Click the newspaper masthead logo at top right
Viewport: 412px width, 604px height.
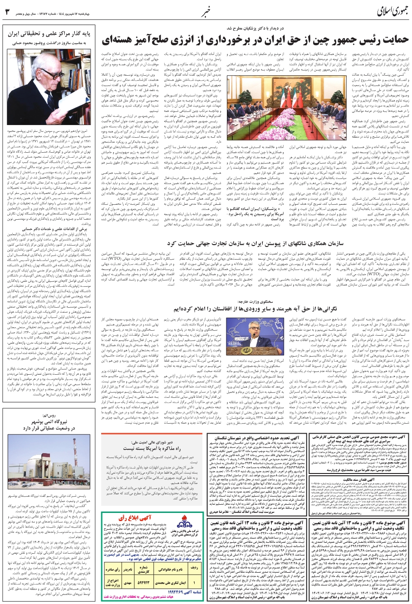381,10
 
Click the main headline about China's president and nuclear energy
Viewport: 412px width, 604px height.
255,41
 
